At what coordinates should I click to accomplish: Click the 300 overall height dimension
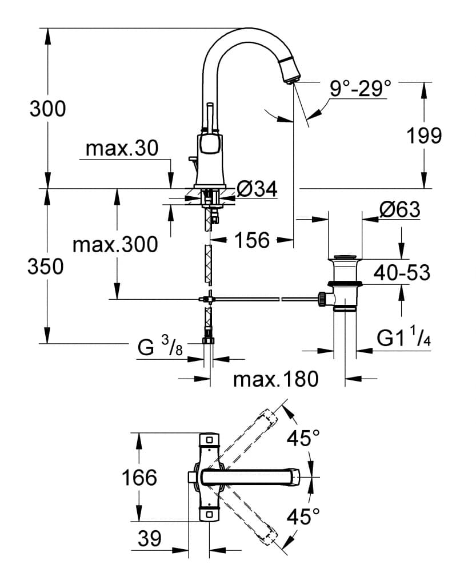click(47, 108)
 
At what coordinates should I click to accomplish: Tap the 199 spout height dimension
click(424, 136)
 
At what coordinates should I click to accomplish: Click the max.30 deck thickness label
click(121, 149)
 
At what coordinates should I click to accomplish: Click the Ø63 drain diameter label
click(399, 210)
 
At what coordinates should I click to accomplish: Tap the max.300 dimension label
click(114, 245)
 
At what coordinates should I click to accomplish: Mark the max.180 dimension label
click(275, 379)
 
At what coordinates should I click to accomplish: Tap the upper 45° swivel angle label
click(303, 439)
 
